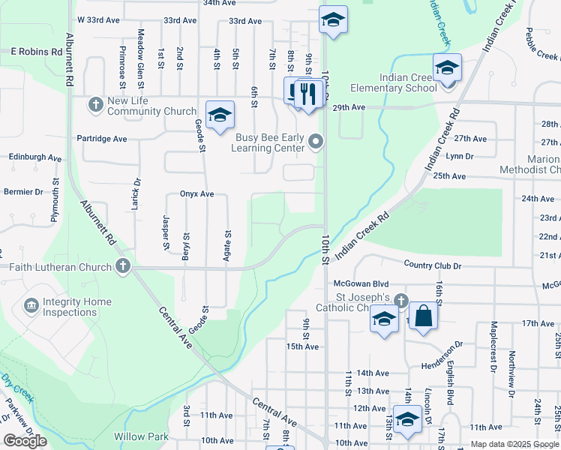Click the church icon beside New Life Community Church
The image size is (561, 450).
(95, 103)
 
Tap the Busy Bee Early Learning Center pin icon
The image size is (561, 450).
(316, 141)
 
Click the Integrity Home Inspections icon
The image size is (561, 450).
(31, 305)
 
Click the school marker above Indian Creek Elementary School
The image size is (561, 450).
(448, 68)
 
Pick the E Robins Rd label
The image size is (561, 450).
(36, 52)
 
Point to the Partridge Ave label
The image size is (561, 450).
(102, 139)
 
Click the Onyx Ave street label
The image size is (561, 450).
(197, 193)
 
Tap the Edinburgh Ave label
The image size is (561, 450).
(35, 158)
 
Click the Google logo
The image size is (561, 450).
(25, 441)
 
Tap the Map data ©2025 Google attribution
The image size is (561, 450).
(514, 444)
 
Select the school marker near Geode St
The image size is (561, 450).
(220, 115)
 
